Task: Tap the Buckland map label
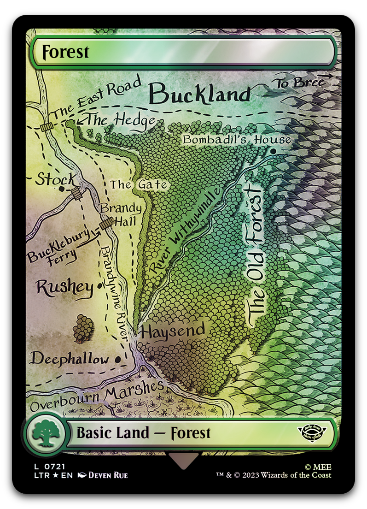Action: click(x=200, y=95)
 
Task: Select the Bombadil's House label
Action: click(x=237, y=139)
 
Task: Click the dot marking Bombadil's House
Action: click(x=273, y=151)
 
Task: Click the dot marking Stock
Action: click(x=62, y=189)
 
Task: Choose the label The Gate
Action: click(x=138, y=185)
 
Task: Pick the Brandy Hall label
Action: click(x=119, y=214)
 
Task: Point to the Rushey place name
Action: click(x=64, y=287)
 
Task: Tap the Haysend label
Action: click(x=173, y=331)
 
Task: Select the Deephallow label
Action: click(x=70, y=359)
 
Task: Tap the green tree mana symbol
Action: click(x=45, y=433)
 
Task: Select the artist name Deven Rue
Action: click(x=108, y=475)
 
